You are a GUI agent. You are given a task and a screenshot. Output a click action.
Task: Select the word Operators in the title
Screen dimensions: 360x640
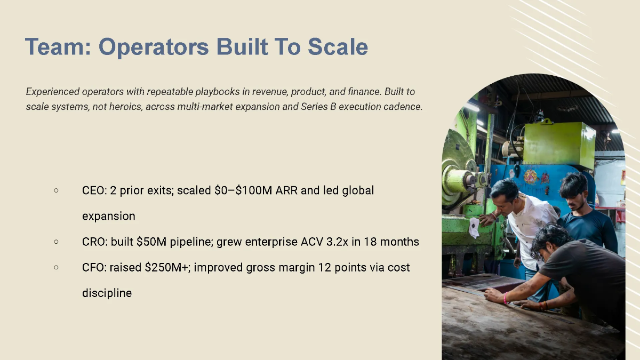tap(154, 47)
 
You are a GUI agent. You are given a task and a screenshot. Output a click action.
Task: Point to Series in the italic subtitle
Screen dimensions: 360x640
tap(318, 106)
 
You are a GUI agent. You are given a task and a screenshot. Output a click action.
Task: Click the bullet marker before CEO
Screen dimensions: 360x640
tap(56, 190)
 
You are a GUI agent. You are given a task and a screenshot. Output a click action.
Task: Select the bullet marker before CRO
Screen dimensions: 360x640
tap(56, 242)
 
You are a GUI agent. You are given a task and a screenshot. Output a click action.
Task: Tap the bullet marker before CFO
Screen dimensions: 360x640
tap(56, 267)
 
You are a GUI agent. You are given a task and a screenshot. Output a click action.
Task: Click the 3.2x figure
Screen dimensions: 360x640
tap(334, 242)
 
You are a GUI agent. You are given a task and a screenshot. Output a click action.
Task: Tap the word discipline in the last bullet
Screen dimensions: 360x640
tap(107, 293)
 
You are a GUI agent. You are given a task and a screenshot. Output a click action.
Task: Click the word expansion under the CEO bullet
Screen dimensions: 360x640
tap(108, 216)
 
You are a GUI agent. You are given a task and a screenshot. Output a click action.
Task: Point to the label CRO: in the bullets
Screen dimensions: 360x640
tap(95, 242)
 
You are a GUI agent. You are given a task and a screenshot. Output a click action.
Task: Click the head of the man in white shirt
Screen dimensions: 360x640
tap(504, 192)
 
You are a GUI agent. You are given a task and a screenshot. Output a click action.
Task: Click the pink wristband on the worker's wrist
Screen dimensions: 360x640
tap(505, 298)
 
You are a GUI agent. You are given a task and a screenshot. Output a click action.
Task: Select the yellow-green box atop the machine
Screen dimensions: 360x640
tap(559, 143)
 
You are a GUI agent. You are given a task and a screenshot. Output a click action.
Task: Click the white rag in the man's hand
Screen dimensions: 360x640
tap(473, 228)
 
